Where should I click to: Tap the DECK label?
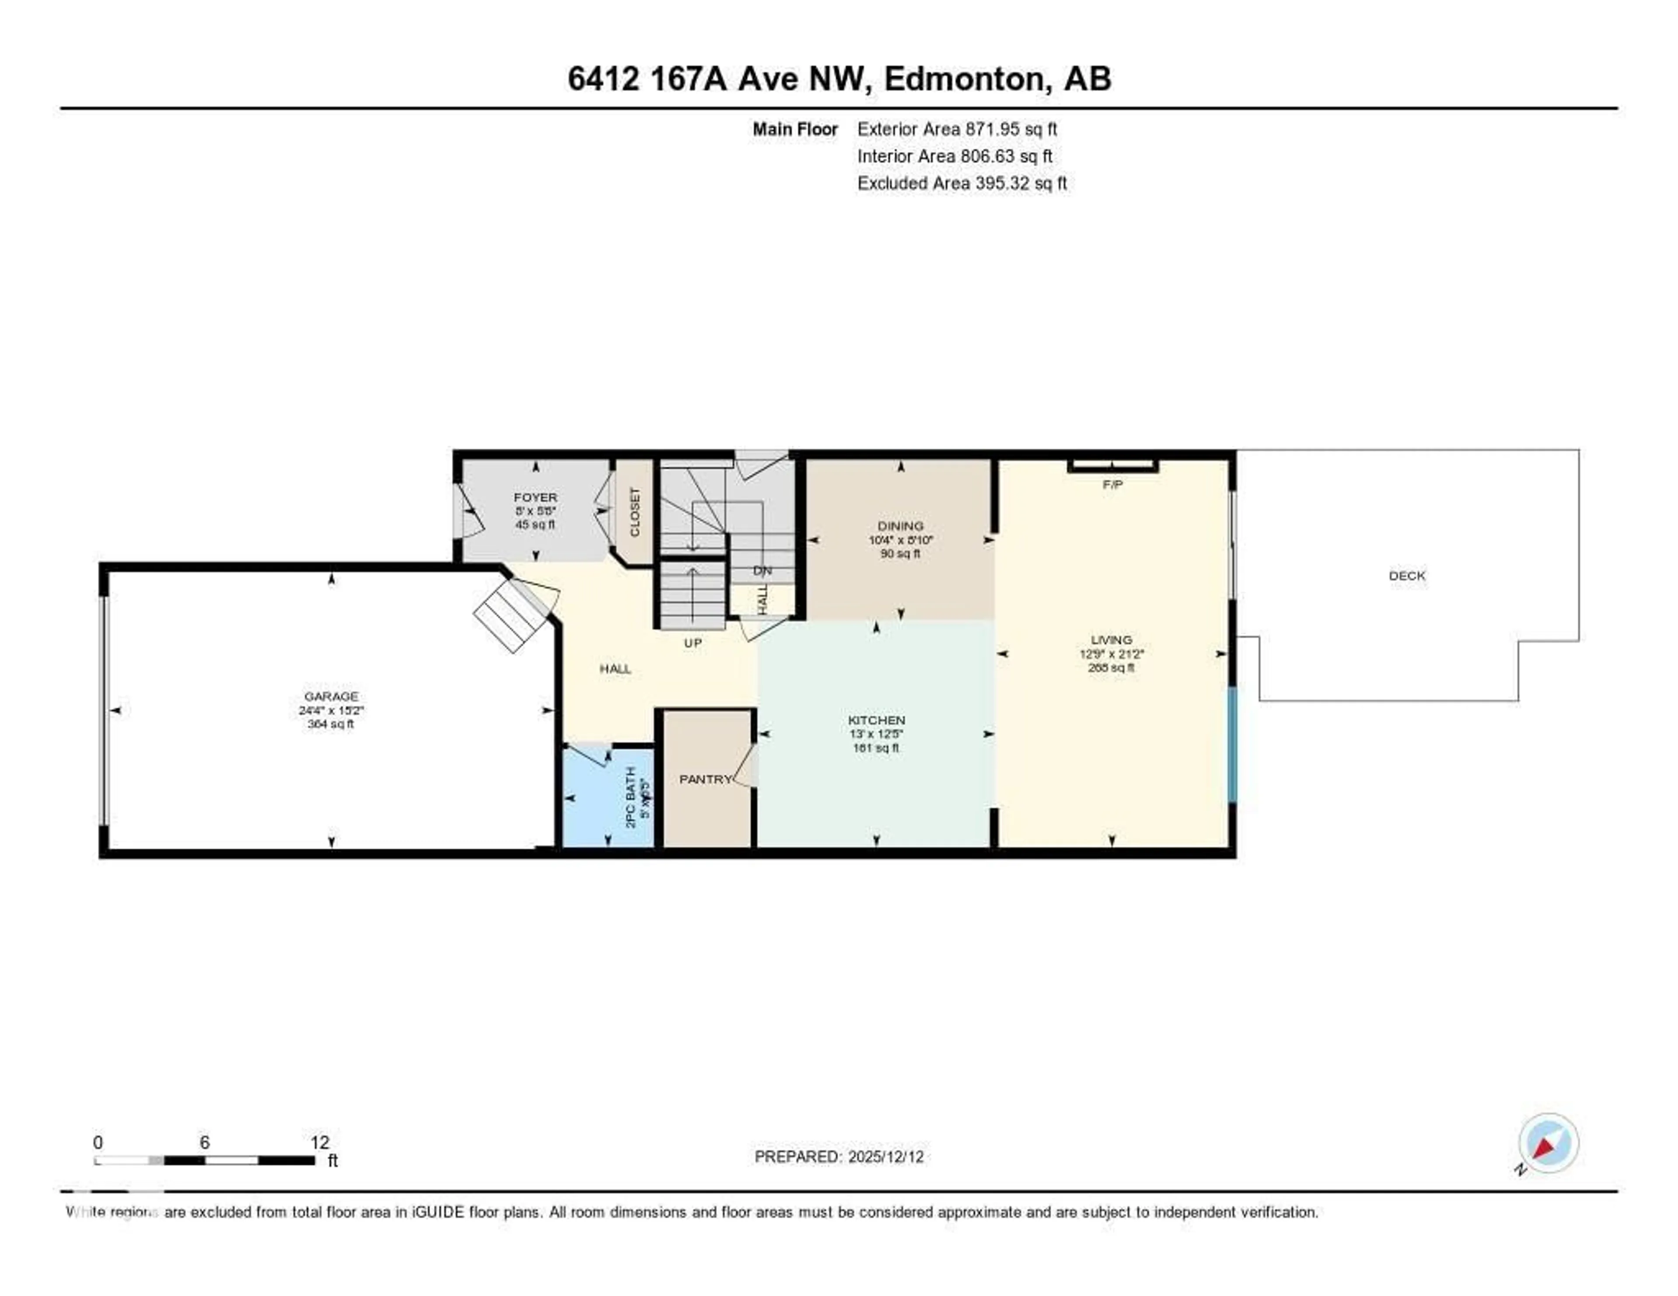click(1407, 575)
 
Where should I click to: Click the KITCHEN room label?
click(876, 720)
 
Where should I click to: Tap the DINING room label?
click(901, 526)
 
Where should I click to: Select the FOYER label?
click(535, 498)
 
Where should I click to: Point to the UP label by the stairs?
click(692, 643)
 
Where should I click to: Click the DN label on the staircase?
click(762, 571)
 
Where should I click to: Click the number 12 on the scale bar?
click(319, 1142)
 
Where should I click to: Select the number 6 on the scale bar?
click(205, 1142)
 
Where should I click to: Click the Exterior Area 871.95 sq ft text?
click(957, 129)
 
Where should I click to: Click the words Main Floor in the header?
click(794, 129)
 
